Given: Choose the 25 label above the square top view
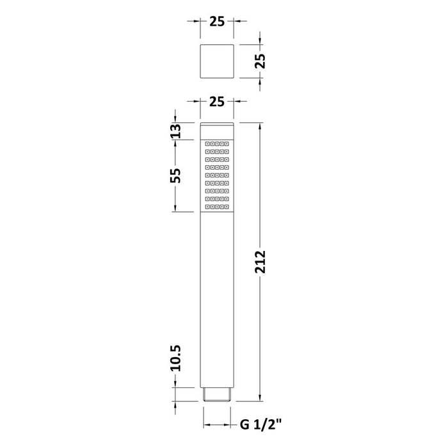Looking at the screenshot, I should point(216,22).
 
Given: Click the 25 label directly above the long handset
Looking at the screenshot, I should point(216,102).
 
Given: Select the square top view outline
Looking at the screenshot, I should point(216,61).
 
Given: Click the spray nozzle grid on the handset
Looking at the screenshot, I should point(216,175).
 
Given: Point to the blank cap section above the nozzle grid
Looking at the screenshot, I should point(216,130).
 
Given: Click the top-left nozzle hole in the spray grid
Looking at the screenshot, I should point(207,144).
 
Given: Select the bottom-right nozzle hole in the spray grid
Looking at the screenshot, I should point(227,207).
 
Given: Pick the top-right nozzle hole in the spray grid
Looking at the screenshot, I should point(227,144).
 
